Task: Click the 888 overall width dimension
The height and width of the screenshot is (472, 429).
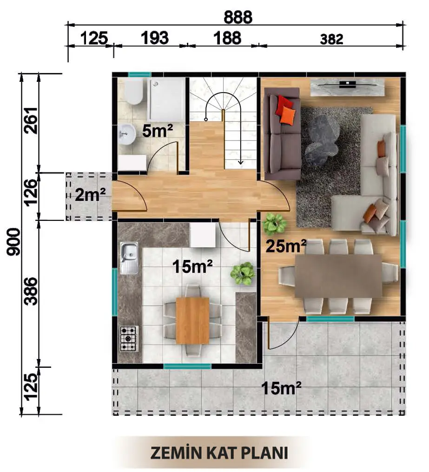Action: [x=238, y=17]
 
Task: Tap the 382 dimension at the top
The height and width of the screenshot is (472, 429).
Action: [x=331, y=40]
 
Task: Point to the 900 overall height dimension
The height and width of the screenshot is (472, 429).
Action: [x=13, y=242]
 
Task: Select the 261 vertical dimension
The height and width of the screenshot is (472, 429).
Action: [x=31, y=120]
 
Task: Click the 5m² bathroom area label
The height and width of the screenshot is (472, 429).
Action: [x=158, y=131]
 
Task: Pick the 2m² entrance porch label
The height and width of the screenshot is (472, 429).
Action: [x=90, y=195]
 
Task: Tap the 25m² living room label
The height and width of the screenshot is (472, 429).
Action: [x=286, y=246]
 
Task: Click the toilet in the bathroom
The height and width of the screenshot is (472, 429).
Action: [x=133, y=91]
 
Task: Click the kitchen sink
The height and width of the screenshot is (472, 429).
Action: [x=129, y=258]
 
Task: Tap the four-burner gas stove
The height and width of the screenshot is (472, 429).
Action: [x=129, y=339]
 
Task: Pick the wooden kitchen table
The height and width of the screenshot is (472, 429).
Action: [x=192, y=320]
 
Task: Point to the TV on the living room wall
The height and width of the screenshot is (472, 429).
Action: [x=348, y=85]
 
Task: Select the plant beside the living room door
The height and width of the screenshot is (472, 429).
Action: [x=274, y=224]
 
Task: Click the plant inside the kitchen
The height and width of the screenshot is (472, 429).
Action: [x=242, y=273]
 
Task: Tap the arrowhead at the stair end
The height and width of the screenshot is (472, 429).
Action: [x=241, y=163]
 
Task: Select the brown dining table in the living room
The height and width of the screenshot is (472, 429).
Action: [x=338, y=276]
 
